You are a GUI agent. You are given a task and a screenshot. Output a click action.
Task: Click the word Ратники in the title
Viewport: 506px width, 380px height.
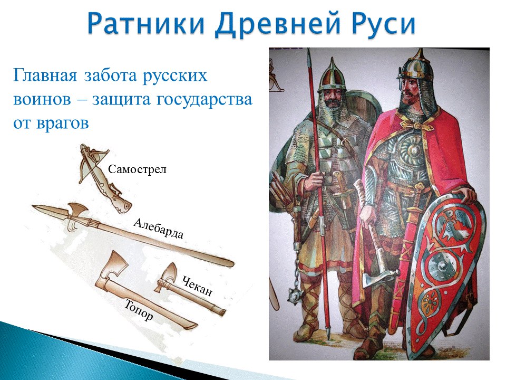[146, 24]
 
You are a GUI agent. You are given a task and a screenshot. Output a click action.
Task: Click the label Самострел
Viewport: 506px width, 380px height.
[137, 169]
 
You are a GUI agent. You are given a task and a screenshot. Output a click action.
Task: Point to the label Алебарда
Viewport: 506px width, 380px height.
[158, 229]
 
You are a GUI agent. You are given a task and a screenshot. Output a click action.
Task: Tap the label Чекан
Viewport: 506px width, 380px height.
[197, 286]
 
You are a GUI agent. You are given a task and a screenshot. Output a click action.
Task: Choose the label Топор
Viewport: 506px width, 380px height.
[139, 310]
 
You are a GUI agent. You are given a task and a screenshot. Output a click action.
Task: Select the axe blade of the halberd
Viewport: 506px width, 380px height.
[77, 211]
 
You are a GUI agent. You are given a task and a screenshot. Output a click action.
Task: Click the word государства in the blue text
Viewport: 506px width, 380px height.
[205, 100]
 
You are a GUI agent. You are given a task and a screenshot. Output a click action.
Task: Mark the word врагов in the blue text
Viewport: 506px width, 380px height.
[62, 123]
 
